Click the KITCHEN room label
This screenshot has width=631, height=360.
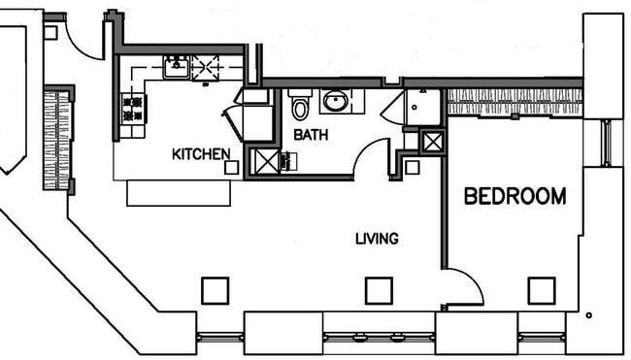tap(201, 153)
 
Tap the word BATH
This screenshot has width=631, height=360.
tap(310, 135)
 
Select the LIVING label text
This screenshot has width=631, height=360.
tap(377, 238)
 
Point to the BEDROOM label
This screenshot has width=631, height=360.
tap(515, 197)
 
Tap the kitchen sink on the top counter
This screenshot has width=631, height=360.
tap(176, 67)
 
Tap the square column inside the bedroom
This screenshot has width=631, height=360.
tap(541, 290)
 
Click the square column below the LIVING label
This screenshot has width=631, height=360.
tap(379, 290)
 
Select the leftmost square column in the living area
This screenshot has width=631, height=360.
tap(215, 290)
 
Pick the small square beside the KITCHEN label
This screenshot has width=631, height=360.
tap(231, 167)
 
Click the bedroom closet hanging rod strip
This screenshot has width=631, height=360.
tap(514, 101)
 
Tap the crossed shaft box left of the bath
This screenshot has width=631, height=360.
tap(264, 160)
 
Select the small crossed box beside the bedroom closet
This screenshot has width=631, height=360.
tap(432, 141)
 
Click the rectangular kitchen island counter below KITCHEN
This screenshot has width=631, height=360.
tap(179, 192)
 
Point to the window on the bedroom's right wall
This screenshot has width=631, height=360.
tap(606, 142)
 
